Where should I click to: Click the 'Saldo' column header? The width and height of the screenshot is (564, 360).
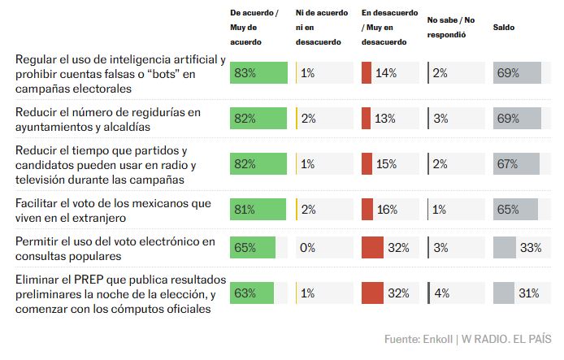pos(504,28)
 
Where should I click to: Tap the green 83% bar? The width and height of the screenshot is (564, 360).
pos(258,73)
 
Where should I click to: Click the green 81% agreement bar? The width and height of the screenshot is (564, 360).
pos(258,209)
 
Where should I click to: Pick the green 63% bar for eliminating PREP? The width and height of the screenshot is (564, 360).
pos(252,293)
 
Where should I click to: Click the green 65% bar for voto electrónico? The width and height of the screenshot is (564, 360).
pos(253,247)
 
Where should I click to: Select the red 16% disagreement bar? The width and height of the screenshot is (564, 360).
pos(367,209)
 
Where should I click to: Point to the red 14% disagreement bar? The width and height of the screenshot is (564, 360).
pos(366,73)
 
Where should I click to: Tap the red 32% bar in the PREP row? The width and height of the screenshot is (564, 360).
pos(372,293)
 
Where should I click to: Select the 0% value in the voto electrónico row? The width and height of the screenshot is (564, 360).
pos(308,248)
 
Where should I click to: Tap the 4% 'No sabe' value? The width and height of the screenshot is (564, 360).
pos(440,293)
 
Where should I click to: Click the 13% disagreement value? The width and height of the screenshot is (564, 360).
pos(387,119)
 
